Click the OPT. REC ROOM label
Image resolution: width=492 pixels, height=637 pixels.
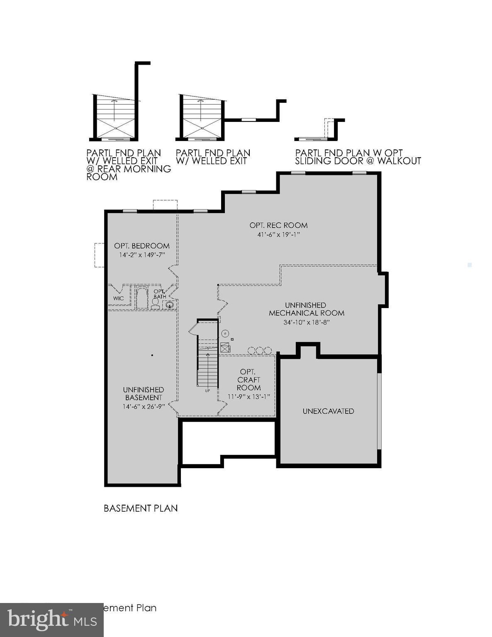(278, 225)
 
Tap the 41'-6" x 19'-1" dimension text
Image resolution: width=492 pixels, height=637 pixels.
(278, 235)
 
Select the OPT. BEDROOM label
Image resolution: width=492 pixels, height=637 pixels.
(142, 246)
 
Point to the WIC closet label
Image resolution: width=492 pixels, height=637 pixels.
(119, 299)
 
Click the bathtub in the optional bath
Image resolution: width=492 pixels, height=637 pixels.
(142, 298)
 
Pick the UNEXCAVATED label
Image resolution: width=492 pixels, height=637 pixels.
(328, 411)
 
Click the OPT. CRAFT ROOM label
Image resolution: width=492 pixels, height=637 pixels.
(248, 379)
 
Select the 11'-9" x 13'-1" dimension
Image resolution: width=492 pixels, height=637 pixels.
(248, 396)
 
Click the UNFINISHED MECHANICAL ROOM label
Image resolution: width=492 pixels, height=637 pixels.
(306, 309)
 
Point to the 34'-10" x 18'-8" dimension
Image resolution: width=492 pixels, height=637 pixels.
(306, 322)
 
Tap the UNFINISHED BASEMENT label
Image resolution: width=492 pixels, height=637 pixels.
(144, 394)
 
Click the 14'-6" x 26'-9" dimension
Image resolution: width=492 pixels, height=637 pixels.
(144, 406)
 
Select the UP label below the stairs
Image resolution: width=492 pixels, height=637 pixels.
(207, 391)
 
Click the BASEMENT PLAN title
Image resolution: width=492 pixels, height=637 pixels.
(141, 508)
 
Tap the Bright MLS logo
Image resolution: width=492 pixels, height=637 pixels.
(52, 620)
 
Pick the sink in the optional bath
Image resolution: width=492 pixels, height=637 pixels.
(169, 305)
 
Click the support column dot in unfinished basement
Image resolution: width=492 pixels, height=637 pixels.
(153, 355)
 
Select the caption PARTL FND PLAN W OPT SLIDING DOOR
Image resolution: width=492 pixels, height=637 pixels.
(358, 157)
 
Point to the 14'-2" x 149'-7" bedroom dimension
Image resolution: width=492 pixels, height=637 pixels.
(142, 255)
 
